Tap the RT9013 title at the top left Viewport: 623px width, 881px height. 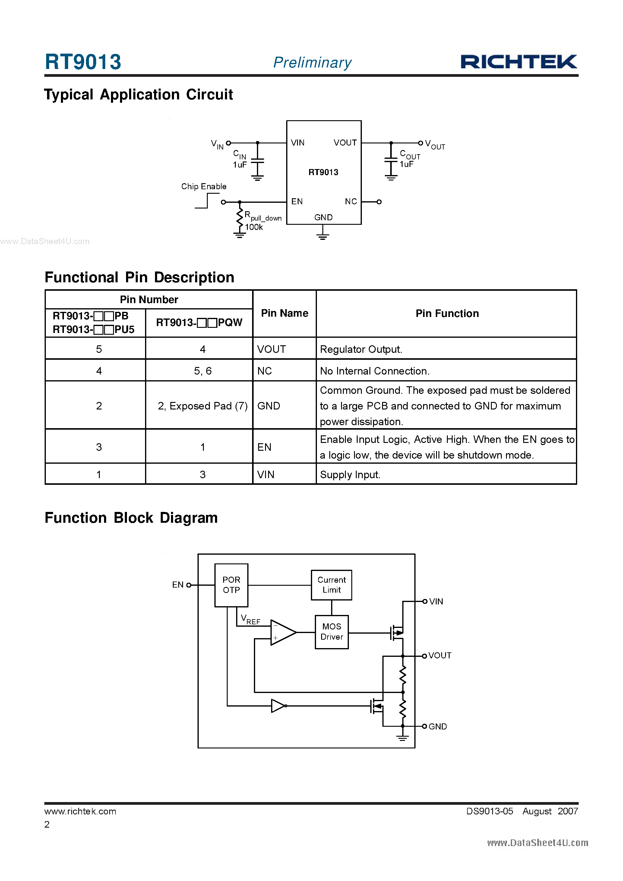[x=83, y=62]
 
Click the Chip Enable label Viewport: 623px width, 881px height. [x=204, y=187]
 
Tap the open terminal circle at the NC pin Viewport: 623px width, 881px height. [x=379, y=202]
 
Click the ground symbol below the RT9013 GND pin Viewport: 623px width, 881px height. [x=323, y=235]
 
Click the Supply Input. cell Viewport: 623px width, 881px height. [x=350, y=475]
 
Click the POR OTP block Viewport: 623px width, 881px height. [x=231, y=585]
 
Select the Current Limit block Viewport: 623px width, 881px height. [x=331, y=585]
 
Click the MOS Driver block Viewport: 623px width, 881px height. [x=331, y=632]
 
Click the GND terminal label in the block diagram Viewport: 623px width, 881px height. [x=438, y=727]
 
